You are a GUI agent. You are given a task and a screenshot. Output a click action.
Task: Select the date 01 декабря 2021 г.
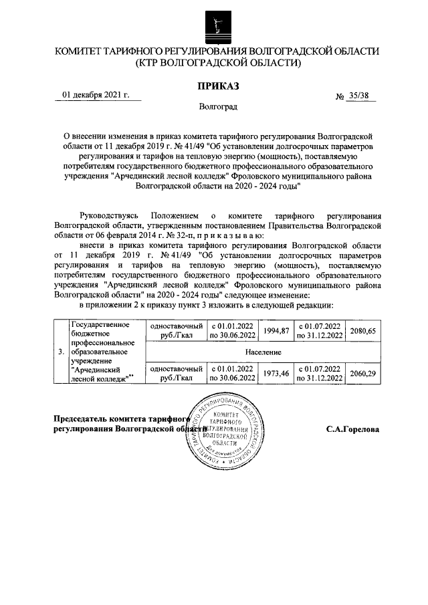click(96, 95)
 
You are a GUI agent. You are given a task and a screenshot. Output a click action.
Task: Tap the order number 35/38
click(358, 96)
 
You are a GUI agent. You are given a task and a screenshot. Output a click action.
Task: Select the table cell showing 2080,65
click(363, 331)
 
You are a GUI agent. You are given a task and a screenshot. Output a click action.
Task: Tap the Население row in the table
click(262, 352)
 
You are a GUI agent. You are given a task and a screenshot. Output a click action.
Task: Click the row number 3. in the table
click(61, 352)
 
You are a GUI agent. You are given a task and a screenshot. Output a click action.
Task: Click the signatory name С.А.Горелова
click(352, 429)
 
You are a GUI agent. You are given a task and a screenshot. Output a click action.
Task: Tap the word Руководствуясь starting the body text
click(108, 217)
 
